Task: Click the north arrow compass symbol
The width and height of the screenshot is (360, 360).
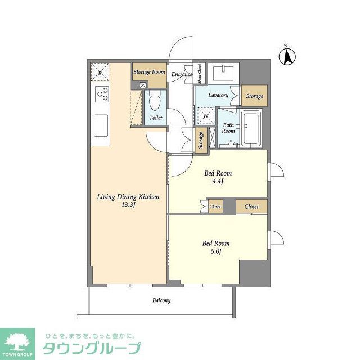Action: click(x=287, y=55)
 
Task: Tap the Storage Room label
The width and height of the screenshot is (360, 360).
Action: click(x=150, y=72)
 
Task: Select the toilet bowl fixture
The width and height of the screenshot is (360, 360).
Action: click(x=155, y=103)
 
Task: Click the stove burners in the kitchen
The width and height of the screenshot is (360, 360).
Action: click(x=102, y=94)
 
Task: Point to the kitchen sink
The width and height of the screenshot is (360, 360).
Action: click(x=101, y=124)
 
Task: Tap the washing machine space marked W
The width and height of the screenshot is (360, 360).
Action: click(x=205, y=115)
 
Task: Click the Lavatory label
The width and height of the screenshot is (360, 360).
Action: click(x=218, y=95)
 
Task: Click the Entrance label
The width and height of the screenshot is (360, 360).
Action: click(x=182, y=74)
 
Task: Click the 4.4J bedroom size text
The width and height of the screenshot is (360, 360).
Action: click(x=217, y=182)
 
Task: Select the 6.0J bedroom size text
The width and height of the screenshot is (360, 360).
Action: click(x=216, y=252)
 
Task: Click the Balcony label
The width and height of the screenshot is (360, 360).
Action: click(x=161, y=300)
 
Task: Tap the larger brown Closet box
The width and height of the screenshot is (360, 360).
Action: click(x=251, y=207)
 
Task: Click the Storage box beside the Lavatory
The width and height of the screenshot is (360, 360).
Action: click(x=254, y=96)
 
